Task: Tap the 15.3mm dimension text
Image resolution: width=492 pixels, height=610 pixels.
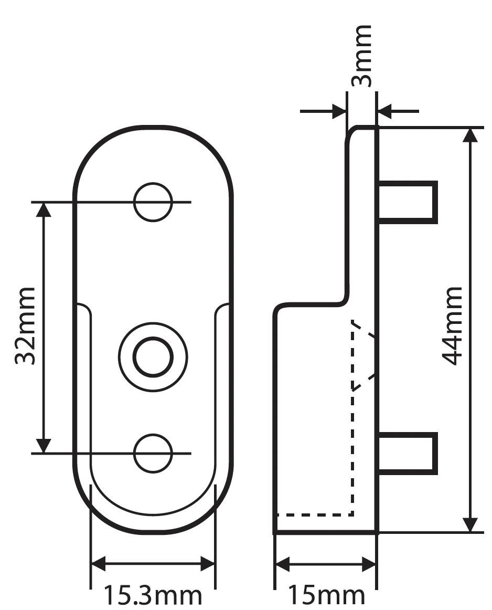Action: pos(152,596)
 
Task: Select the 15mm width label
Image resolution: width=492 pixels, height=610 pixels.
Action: pos(325,596)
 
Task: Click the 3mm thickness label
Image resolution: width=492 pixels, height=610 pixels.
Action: pos(361,55)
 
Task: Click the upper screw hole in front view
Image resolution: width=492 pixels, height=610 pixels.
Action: pos(153,202)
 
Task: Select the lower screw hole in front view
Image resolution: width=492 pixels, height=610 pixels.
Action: pos(153,453)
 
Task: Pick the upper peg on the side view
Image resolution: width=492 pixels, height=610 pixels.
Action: pos(408,202)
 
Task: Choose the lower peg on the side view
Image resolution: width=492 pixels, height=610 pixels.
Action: pos(408,453)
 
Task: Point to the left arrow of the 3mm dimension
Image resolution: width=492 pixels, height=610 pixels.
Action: pos(338,111)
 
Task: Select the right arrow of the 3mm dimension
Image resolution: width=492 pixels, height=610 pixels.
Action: pos(385,111)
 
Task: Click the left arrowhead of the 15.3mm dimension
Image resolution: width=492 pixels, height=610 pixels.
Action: pos(99,565)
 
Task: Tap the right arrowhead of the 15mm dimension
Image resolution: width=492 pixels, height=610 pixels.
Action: pos(369,565)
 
